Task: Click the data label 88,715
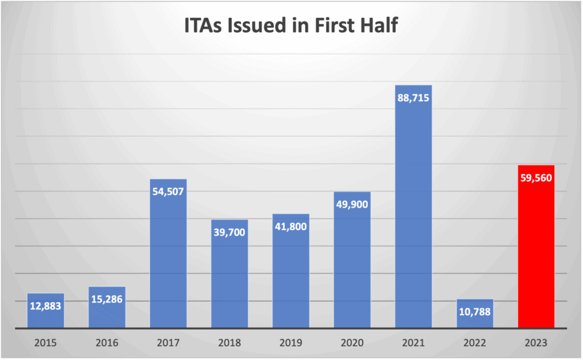[x=413, y=97]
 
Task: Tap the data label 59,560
[x=536, y=177]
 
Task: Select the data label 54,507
[x=168, y=191]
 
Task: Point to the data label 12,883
[x=46, y=306]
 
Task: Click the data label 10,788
[x=475, y=312]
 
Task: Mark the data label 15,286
[x=107, y=299]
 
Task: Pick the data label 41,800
[x=290, y=226]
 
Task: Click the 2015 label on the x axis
[x=46, y=343]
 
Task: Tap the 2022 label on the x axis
[x=475, y=343]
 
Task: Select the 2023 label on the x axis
[x=536, y=343]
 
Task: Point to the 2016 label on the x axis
[x=107, y=343]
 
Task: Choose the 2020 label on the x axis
[x=352, y=343]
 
